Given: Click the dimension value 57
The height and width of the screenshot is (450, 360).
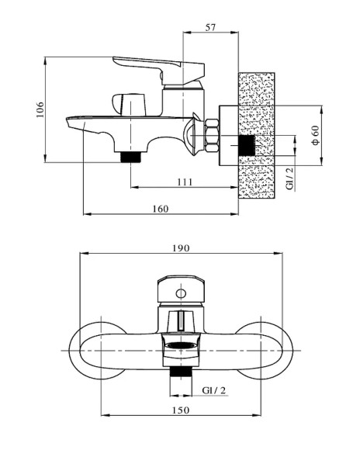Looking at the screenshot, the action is pyautogui.click(x=210, y=28).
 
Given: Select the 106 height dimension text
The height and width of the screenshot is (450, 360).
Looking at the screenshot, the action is pyautogui.click(x=40, y=109).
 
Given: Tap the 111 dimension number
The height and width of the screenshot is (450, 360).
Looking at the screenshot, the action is pyautogui.click(x=185, y=182).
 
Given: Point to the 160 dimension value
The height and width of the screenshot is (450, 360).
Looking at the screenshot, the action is pyautogui.click(x=160, y=209).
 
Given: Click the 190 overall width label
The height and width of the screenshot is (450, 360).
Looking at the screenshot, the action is pyautogui.click(x=181, y=248).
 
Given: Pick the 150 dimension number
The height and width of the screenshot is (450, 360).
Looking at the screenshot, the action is pyautogui.click(x=181, y=410).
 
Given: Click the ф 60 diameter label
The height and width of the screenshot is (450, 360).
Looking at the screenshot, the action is pyautogui.click(x=315, y=135).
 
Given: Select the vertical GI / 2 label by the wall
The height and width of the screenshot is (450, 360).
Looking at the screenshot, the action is pyautogui.click(x=290, y=178).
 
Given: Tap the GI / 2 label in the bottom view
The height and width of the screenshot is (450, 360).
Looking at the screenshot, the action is pyautogui.click(x=214, y=390).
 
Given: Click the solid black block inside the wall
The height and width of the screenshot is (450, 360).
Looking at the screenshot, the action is pyautogui.click(x=247, y=146).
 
